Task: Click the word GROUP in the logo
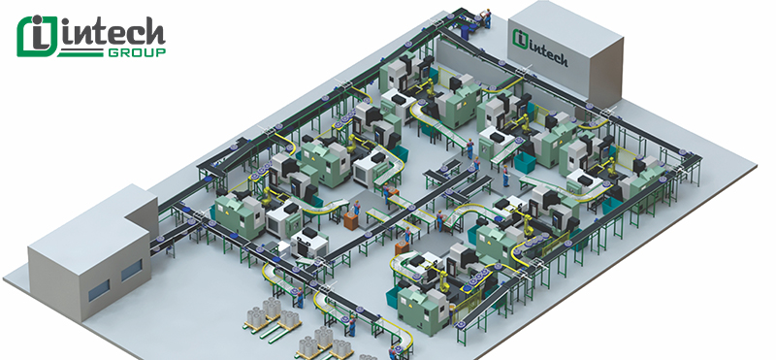click(x=137, y=52)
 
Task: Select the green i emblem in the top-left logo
click(x=36, y=36)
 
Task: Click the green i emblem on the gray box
click(x=519, y=39)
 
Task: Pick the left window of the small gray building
click(x=99, y=289)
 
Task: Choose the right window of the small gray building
click(x=132, y=271)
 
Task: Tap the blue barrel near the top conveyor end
click(x=466, y=31)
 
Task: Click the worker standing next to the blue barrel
click(x=488, y=18)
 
